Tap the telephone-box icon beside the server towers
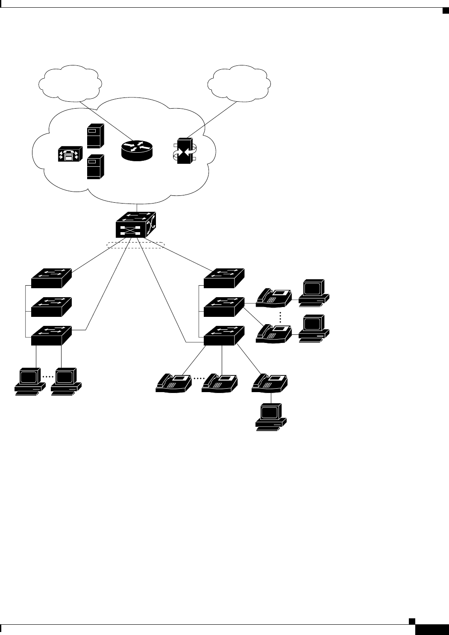68,155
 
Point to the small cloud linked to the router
70,83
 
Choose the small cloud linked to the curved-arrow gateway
238,83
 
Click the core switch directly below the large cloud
136,225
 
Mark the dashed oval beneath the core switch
136,245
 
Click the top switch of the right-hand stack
224,278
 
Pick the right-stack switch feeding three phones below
224,335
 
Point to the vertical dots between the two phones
280,317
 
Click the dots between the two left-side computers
48,377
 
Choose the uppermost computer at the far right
314,291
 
